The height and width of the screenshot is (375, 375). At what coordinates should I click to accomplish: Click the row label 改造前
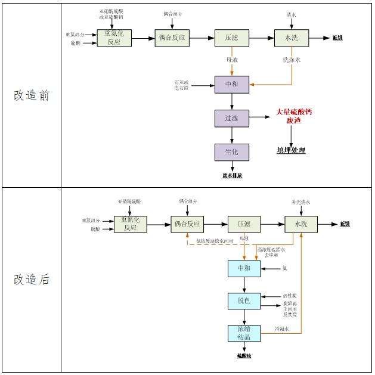(32, 96)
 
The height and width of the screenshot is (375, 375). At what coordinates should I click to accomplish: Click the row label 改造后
(32, 280)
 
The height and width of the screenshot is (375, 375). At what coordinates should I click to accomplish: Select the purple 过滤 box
(231, 118)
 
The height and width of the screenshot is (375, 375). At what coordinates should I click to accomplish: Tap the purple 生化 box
(231, 152)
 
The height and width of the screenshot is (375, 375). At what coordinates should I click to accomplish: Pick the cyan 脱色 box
(244, 301)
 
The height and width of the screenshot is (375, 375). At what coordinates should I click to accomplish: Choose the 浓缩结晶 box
(244, 333)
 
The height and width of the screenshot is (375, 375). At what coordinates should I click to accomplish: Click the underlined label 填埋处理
(291, 150)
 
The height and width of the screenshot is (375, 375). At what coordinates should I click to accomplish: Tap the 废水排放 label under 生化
(233, 175)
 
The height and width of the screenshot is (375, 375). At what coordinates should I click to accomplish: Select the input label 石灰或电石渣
(181, 84)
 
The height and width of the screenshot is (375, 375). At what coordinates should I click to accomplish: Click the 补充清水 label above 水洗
(301, 202)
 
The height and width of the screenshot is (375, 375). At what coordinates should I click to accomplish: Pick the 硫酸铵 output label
(244, 356)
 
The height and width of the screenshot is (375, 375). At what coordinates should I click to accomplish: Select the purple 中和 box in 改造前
(231, 85)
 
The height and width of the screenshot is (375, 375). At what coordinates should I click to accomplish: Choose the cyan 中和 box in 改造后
(244, 269)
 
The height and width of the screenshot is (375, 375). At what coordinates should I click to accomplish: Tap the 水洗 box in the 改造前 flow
(292, 38)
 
